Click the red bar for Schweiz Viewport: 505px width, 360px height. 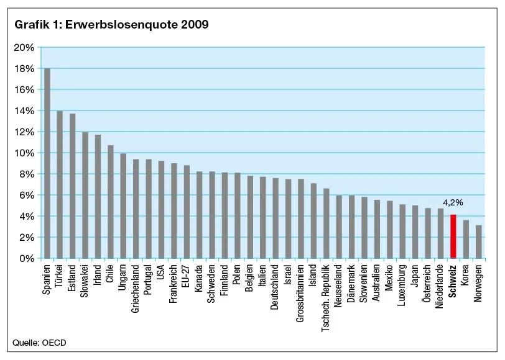(453, 236)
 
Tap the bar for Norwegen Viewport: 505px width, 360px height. (478, 241)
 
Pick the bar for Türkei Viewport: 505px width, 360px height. (60, 184)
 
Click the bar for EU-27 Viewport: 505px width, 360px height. (187, 212)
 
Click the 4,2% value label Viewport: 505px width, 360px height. (453, 202)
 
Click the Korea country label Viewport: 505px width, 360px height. (465, 277)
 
